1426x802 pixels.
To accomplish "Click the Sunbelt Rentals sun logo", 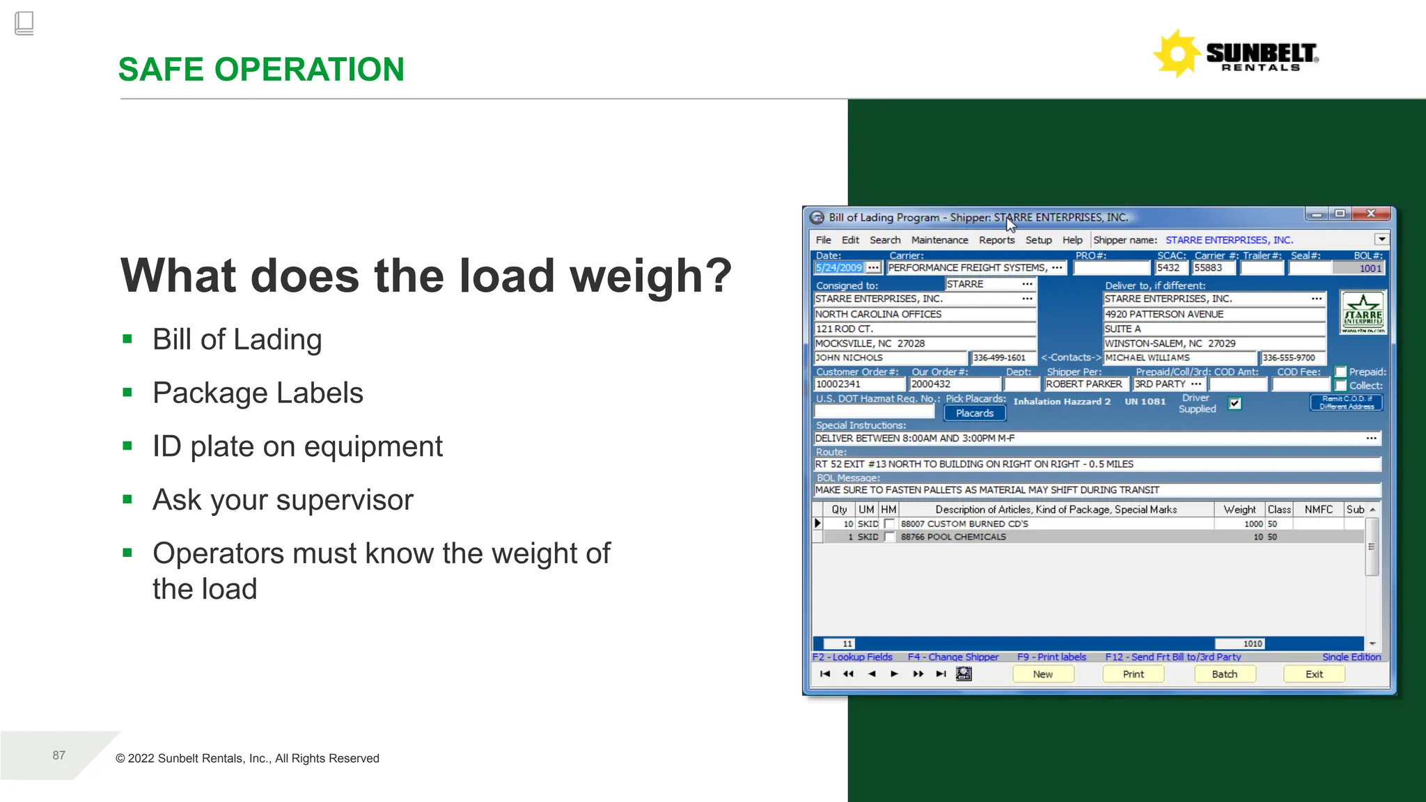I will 1177,54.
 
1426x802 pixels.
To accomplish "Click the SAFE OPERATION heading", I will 261,70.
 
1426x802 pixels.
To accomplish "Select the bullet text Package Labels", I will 258,393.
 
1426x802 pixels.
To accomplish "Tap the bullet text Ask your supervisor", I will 283,500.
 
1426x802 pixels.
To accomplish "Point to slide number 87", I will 59,755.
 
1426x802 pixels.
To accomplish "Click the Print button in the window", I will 1133,674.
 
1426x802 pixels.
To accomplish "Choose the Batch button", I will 1224,674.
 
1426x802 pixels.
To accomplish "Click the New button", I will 1042,674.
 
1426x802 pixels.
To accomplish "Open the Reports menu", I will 996,240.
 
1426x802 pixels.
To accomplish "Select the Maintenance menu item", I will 939,240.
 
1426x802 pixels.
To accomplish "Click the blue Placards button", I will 974,414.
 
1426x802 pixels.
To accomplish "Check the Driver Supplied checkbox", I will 1235,404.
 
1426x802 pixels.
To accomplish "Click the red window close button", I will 1370,214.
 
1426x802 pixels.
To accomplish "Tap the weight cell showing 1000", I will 1253,524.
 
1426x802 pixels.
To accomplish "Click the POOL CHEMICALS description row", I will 953,537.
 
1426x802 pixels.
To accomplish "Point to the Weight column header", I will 1239,510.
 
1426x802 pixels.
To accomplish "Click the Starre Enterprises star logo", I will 1363,313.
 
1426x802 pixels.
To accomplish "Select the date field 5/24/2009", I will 839,268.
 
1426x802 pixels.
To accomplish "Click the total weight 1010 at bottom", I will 1252,644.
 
